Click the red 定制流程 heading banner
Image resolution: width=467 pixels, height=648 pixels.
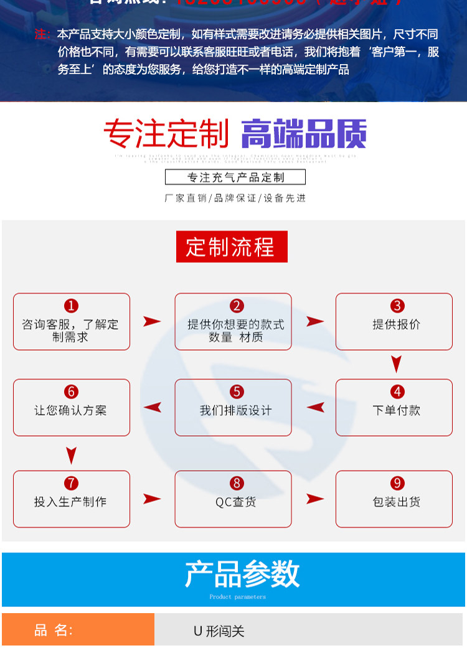232,247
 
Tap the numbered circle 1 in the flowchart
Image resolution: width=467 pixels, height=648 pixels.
72,306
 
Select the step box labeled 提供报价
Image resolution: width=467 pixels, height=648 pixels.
394,321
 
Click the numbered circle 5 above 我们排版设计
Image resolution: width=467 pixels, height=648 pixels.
236,392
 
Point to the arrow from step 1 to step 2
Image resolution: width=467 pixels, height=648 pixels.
152,321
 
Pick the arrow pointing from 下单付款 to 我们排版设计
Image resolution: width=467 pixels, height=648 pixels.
316,408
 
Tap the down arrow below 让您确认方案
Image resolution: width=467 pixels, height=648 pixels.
72,454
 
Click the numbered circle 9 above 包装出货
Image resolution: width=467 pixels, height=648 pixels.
397,483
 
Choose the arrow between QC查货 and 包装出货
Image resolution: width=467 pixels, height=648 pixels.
315,499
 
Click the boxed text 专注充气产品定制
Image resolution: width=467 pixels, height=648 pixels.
235,177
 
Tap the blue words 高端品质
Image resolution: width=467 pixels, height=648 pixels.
303,134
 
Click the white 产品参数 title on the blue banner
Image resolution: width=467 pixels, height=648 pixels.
242,574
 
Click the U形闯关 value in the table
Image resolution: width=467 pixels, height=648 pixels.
219,631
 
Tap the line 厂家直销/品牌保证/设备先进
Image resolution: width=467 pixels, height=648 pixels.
235,198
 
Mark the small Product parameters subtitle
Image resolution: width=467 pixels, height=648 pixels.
237,597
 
